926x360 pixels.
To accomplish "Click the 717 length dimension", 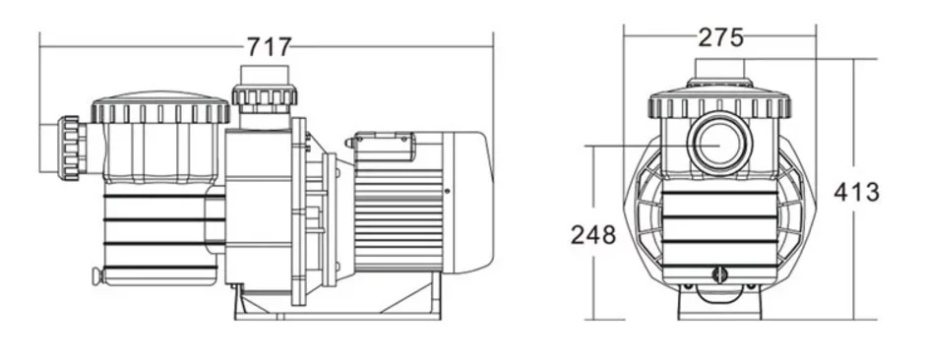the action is pos(269,46).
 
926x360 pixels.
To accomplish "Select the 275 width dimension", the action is pos(720,37).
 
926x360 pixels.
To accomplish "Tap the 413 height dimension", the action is pos(856,192).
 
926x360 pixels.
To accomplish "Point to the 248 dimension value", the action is pos(593,235).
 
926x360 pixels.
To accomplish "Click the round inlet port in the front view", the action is pos(719,144).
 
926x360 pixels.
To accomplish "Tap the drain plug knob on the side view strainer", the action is pos(95,275).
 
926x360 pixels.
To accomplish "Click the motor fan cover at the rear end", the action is pos(467,202).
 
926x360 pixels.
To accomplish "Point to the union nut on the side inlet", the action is pos(71,149).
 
